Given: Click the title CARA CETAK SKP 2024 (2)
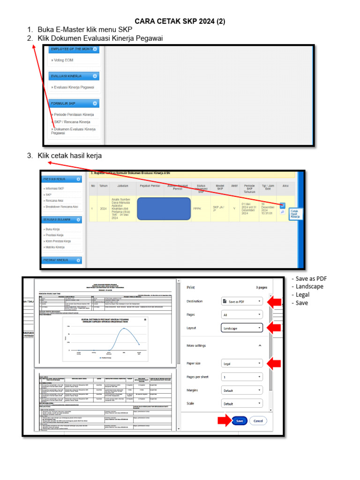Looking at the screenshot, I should click(180, 22).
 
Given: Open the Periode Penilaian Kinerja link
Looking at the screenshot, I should click(74, 114).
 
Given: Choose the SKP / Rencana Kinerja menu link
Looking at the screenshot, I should click(73, 122).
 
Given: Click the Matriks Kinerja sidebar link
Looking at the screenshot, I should click(55, 247).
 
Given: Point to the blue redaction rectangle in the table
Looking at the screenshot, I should click(164, 209).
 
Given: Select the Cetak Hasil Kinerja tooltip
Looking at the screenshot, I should click(295, 214).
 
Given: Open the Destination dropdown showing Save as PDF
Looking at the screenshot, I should click(241, 302).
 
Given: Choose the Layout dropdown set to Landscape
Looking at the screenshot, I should click(241, 328).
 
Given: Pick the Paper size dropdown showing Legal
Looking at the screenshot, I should click(241, 363).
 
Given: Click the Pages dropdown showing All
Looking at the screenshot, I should click(241, 315).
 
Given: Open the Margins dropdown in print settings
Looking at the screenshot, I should click(241, 390).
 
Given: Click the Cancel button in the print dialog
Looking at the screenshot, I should click(258, 421).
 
